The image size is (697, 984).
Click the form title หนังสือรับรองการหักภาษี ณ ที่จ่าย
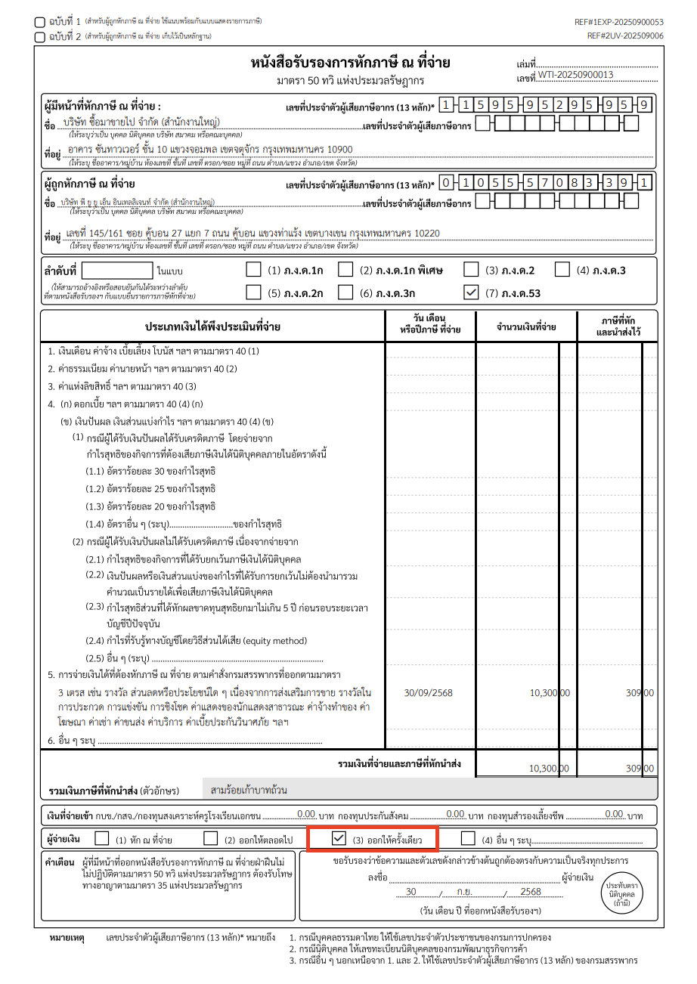pos(350,63)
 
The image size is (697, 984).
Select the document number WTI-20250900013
pos(575,74)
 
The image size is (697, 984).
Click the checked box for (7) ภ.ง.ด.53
pos(470,292)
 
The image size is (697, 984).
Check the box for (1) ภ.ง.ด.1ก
pos(254,270)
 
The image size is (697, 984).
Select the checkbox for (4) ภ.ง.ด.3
pos(562,270)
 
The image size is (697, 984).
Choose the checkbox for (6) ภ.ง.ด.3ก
pos(345,292)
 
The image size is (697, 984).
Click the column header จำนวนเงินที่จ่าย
pos(526,327)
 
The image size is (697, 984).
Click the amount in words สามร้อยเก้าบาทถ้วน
pos(249,791)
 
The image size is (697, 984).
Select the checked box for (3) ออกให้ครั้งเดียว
pos(339,838)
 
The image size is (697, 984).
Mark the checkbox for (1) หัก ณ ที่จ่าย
pos(101,838)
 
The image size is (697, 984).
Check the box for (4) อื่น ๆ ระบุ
pos(468,838)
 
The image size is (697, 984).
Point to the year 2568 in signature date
pos(531,892)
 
